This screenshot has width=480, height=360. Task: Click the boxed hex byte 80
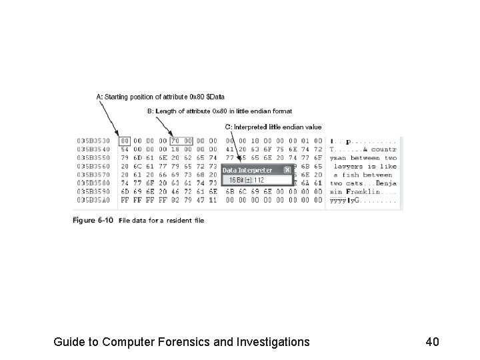125,141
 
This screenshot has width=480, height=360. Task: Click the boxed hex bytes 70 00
181,141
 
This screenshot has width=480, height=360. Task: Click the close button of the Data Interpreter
288,170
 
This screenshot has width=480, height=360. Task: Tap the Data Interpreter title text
247,170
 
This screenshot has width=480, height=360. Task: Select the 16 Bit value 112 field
257,179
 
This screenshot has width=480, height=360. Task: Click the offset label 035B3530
93,141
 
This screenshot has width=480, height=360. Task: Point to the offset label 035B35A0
93,199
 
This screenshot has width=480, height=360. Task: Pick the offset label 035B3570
93,174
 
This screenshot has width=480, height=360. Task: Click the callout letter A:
100,97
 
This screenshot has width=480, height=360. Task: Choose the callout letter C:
229,127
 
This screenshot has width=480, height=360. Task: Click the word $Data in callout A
215,97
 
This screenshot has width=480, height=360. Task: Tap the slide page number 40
432,342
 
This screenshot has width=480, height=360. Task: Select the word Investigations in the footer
273,342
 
